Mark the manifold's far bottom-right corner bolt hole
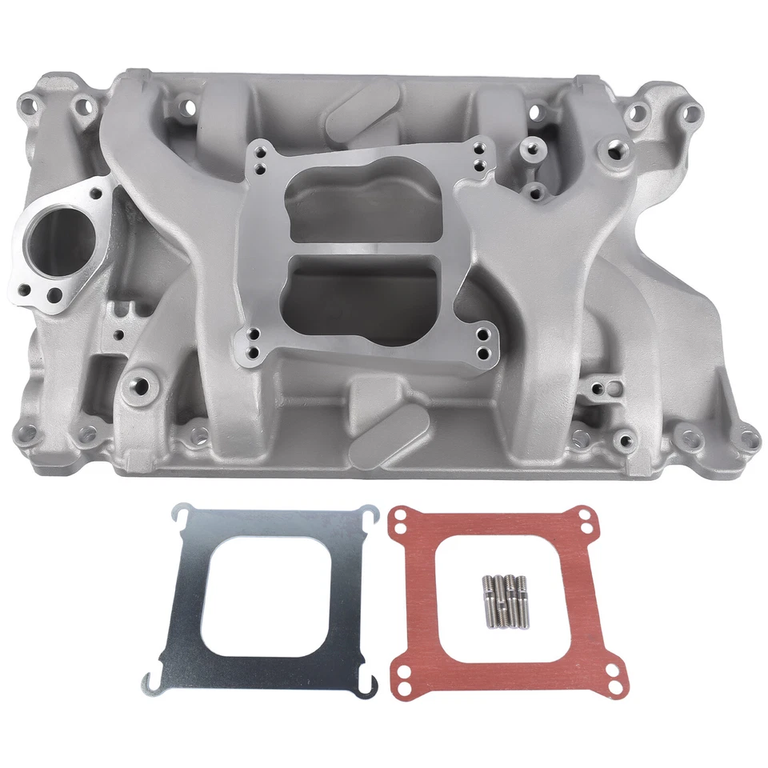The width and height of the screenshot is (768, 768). [x=748, y=438]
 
